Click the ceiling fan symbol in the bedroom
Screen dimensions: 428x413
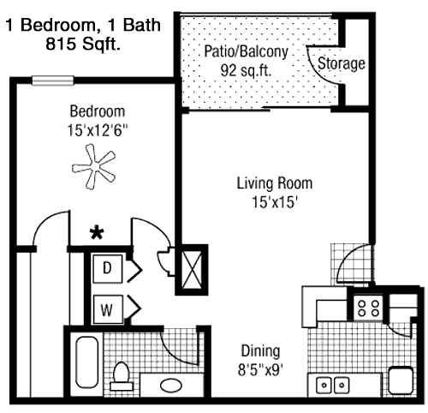coord(94,166)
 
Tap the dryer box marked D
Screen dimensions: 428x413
coord(108,268)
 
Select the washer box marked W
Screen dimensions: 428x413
coord(108,309)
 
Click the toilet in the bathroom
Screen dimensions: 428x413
coord(121,376)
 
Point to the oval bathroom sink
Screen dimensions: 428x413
coord(171,386)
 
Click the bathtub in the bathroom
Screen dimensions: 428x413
coord(87,362)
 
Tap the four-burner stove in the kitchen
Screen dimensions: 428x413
coord(368,308)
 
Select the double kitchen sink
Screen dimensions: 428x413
coord(333,385)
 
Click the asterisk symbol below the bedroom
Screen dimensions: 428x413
coord(97,233)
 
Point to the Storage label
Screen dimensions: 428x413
coord(342,63)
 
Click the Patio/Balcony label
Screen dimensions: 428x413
coord(246,52)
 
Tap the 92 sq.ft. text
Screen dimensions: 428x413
coord(246,70)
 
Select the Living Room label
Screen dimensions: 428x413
coord(275,183)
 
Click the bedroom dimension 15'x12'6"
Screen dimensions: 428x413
coord(98,130)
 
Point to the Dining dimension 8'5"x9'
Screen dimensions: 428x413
coord(260,370)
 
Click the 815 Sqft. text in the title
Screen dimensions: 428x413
coord(83,44)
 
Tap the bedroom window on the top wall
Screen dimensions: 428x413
coord(53,81)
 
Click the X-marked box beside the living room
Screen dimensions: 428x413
coord(192,270)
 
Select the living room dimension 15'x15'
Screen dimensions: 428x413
coord(275,202)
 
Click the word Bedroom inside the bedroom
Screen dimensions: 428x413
coord(98,111)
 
